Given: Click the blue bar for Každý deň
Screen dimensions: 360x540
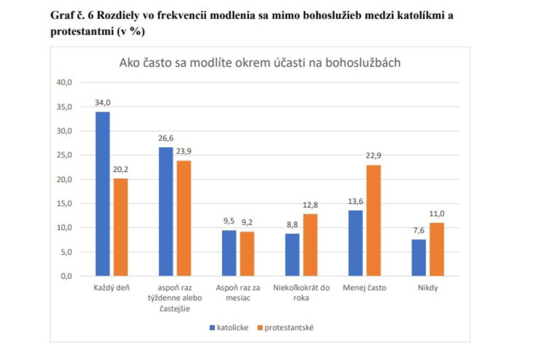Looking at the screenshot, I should pos(102,193).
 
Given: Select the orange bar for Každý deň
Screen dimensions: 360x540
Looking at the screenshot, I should pos(121,227).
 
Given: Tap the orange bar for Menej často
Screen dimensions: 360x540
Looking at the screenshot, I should pos(373,220).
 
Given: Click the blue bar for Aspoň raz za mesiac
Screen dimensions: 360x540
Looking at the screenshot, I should pos(229,253).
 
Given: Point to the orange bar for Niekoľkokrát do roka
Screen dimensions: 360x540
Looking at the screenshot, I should pos(310,245).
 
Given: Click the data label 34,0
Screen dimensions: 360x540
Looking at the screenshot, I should pos(102,103).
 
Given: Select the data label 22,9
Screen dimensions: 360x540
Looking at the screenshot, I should pos(373,156).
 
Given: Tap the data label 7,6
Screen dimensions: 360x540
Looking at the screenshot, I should pos(418,230).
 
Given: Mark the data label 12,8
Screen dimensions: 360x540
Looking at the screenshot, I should pos(310,205).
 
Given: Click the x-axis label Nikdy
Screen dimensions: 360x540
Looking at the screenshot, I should pos(427,288).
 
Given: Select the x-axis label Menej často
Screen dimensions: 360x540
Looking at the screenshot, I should pos(364,288).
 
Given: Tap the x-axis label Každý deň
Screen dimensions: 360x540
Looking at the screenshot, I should pos(112,288).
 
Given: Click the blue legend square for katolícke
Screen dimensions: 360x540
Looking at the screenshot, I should pos(212,328).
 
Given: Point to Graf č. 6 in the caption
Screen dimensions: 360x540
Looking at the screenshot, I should pos(72,16).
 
